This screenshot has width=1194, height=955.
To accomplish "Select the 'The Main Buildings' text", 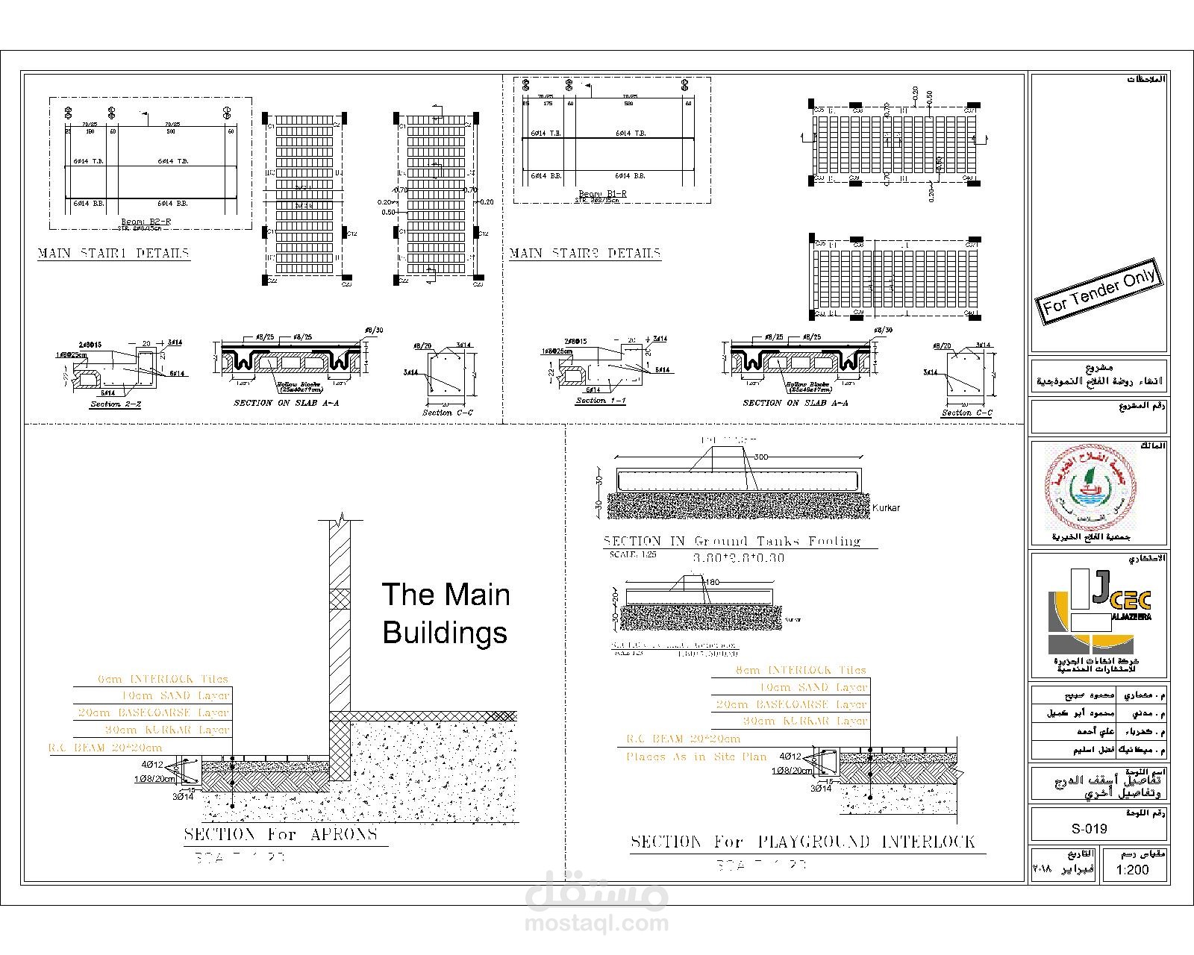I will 446,613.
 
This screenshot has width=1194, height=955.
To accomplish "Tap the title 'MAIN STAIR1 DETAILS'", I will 113,253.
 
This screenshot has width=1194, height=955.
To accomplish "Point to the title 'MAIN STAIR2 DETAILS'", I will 584,253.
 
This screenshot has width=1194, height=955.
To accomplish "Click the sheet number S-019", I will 1089,828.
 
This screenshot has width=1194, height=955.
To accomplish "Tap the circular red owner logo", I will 1090,486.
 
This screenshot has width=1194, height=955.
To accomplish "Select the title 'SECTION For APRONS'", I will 281,834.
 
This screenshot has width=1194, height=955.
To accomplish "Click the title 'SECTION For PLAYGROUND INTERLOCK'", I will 803,842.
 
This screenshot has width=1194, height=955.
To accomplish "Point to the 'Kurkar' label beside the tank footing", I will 886,507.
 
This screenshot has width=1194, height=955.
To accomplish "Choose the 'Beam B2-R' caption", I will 147,222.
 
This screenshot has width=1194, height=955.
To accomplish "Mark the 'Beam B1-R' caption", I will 602,194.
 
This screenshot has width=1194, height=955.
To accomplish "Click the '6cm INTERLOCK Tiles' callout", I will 163,679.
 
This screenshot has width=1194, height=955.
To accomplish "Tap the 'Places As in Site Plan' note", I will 696,757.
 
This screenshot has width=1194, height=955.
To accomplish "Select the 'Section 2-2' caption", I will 116,404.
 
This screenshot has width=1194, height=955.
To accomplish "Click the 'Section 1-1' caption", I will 600,401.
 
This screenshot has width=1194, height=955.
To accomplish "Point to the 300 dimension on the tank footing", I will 760,457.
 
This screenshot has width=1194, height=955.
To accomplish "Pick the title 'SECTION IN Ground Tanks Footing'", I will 731,541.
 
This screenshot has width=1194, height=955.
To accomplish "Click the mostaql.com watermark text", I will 596,924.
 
